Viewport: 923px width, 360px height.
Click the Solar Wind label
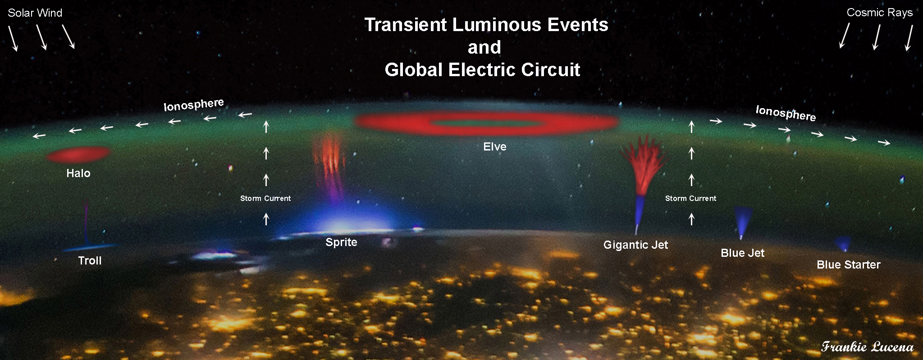click(x=35, y=13)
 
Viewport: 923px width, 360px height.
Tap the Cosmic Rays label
click(x=879, y=13)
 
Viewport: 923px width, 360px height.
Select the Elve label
click(x=494, y=146)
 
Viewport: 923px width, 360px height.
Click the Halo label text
click(x=78, y=173)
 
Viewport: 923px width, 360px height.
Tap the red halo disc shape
click(x=79, y=155)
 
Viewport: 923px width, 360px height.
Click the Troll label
click(x=90, y=260)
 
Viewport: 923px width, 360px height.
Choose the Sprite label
click(x=341, y=242)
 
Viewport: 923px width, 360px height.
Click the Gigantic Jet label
click(x=635, y=245)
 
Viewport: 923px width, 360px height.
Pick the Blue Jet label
click(x=742, y=253)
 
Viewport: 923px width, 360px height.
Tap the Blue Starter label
click(x=848, y=264)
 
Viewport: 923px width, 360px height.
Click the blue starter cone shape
click(x=842, y=244)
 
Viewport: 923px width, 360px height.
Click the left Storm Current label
click(x=265, y=198)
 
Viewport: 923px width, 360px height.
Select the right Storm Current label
click(x=690, y=198)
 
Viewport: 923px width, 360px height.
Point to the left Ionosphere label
click(x=194, y=105)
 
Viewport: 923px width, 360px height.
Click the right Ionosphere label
click(x=786, y=113)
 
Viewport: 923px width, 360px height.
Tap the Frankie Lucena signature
click(x=867, y=346)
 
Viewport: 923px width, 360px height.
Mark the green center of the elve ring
click(x=485, y=123)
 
